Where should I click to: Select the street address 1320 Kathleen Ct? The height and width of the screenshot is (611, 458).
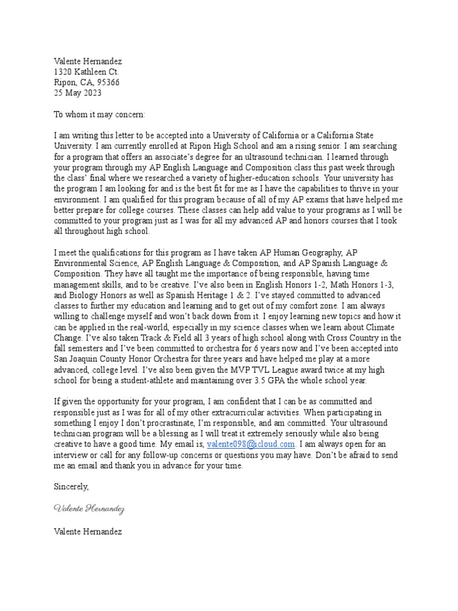pos(86,72)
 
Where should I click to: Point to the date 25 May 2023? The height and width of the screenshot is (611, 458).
pos(78,93)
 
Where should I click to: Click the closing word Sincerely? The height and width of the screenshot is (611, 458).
pos(71,487)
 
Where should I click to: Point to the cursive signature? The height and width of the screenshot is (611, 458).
pos(89,508)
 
